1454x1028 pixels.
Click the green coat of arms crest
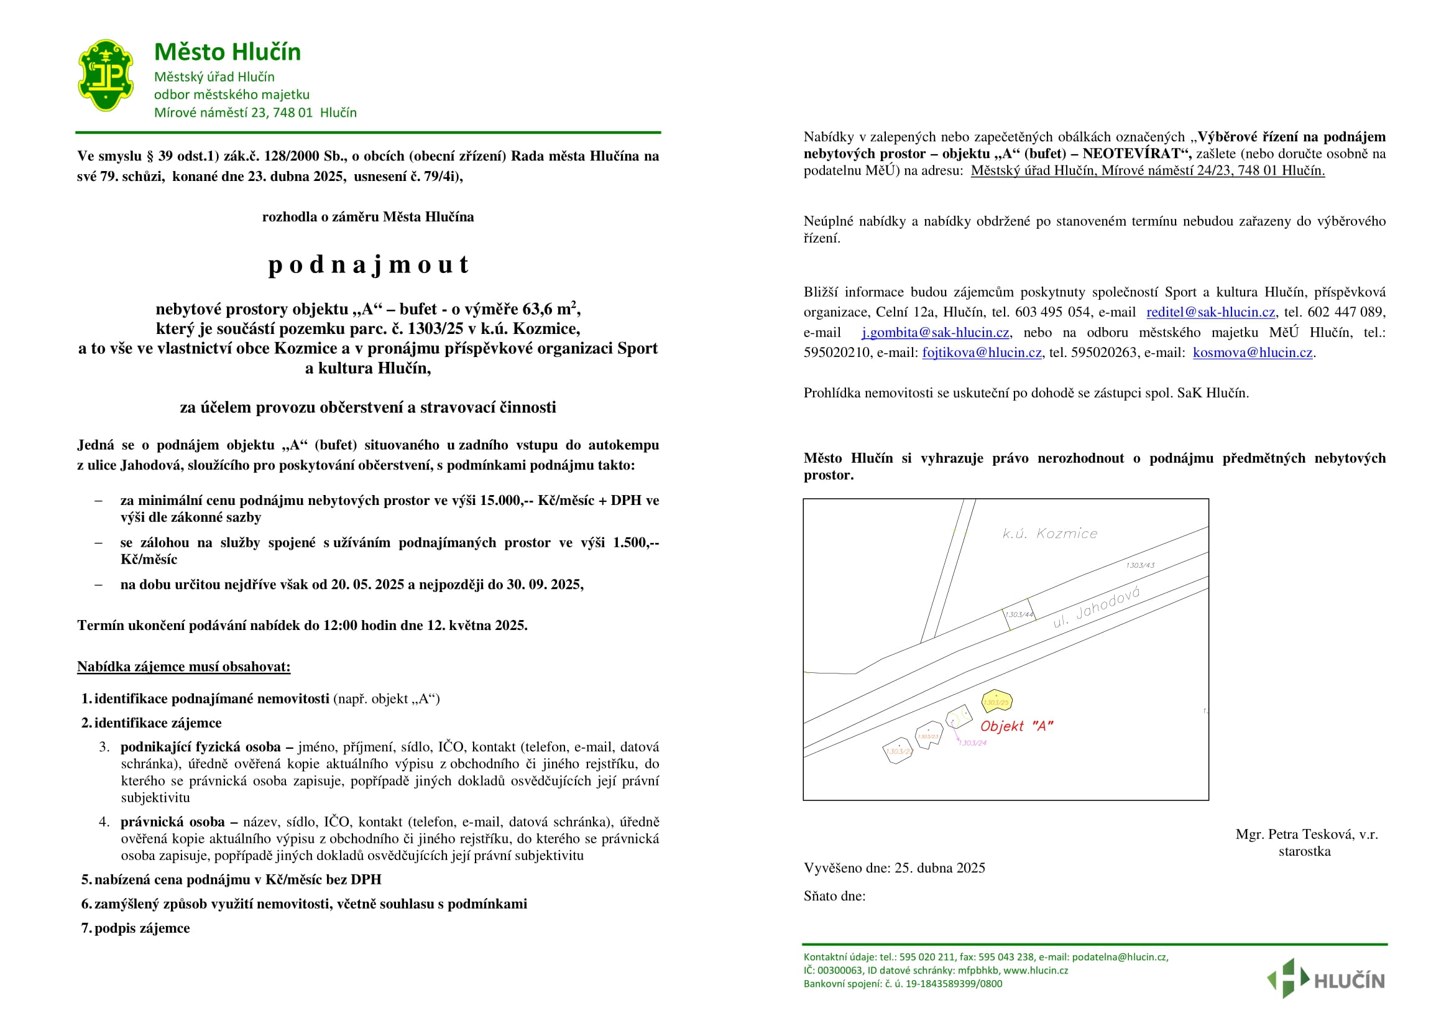(105, 75)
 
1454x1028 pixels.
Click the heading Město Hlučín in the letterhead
(228, 52)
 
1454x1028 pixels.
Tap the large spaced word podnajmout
(368, 264)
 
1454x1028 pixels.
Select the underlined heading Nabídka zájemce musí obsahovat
(183, 666)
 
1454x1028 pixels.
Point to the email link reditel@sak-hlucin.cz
(1210, 312)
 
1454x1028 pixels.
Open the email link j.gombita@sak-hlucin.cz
(935, 333)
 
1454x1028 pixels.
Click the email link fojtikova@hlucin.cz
(982, 353)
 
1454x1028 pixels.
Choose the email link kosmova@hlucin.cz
(1252, 353)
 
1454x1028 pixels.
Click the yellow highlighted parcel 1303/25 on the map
(996, 701)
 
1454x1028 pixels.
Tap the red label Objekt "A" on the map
(1016, 726)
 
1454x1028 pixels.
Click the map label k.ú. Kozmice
(1049, 534)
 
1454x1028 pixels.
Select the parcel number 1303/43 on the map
(1140, 565)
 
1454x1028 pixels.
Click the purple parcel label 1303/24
(973, 743)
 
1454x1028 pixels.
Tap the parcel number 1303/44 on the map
(1019, 614)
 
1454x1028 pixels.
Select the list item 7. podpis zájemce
(136, 928)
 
